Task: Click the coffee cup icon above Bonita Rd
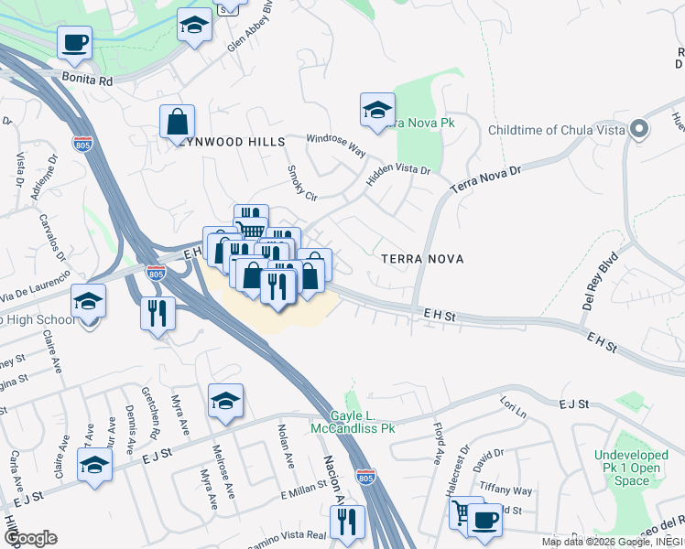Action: tap(74, 42)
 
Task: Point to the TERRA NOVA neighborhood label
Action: tap(422, 260)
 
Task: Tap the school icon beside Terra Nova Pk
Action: tap(377, 111)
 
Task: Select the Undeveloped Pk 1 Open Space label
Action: tap(639, 467)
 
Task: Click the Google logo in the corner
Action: tap(31, 537)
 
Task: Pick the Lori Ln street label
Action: tap(514, 407)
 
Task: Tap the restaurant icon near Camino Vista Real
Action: tap(347, 522)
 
